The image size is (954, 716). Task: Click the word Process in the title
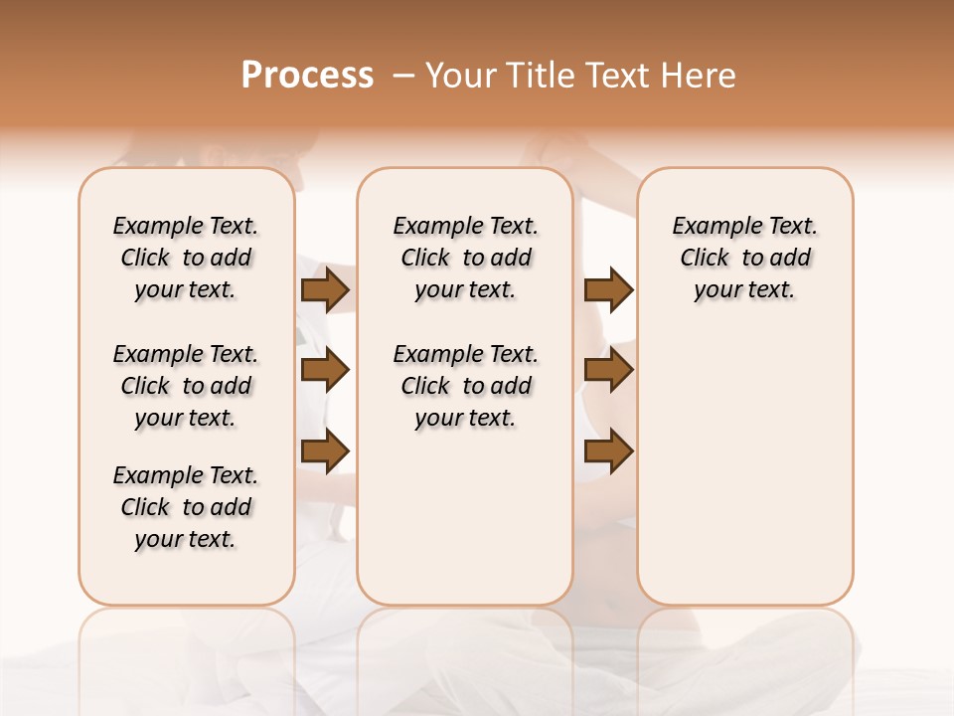pyautogui.click(x=307, y=76)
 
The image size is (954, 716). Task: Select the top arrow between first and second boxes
pyautogui.click(x=324, y=290)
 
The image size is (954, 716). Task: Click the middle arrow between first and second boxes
pyautogui.click(x=324, y=371)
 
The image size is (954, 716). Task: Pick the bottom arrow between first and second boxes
pyautogui.click(x=324, y=451)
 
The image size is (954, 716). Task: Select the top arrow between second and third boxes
pyautogui.click(x=608, y=290)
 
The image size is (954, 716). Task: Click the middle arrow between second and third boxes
pyautogui.click(x=608, y=371)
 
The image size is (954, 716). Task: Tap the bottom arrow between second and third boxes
pyautogui.click(x=608, y=451)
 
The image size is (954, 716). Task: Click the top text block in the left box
pyautogui.click(x=186, y=258)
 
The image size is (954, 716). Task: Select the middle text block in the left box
pyautogui.click(x=186, y=386)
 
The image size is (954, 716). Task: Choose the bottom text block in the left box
pyautogui.click(x=186, y=507)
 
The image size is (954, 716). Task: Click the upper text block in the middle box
pyautogui.click(x=465, y=258)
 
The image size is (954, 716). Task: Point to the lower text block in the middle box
pyautogui.click(x=465, y=386)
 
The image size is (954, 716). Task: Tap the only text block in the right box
pyautogui.click(x=745, y=258)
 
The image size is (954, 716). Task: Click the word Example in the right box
pyautogui.click(x=709, y=227)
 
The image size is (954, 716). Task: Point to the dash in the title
pyautogui.click(x=403, y=76)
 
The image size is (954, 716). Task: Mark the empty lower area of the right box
pyautogui.click(x=745, y=467)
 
